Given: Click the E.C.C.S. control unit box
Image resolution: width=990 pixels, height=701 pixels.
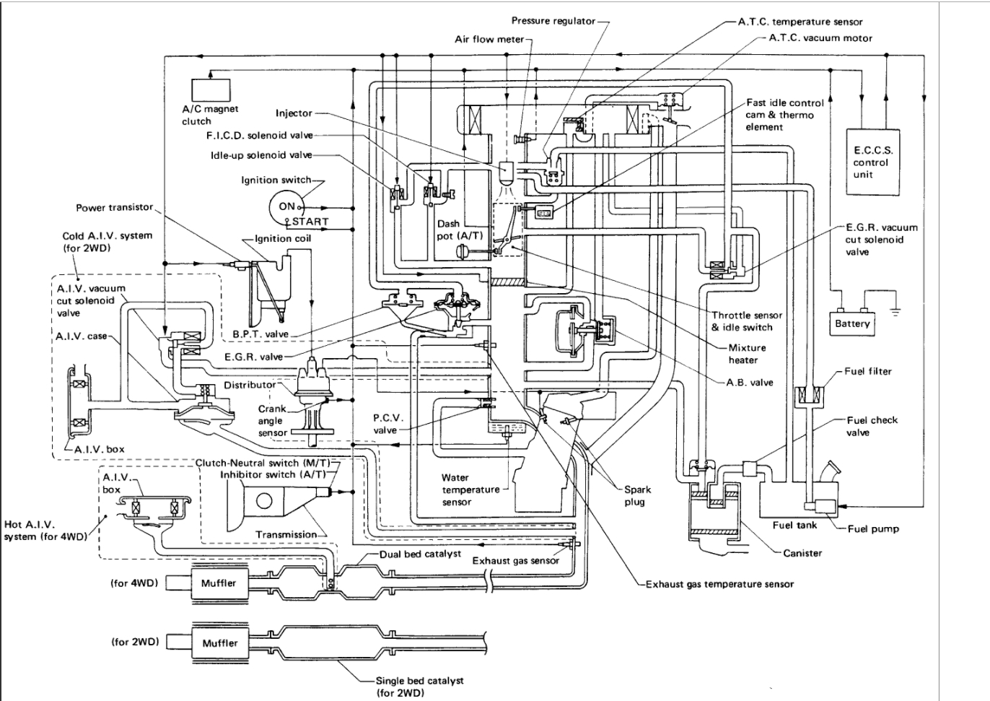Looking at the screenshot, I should tap(872, 162).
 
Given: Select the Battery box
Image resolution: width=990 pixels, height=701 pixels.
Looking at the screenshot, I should tap(852, 323).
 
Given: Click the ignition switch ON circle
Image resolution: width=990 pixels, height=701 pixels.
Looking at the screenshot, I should tap(286, 206).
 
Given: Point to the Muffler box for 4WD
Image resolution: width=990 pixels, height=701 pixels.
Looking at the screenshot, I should tap(219, 583).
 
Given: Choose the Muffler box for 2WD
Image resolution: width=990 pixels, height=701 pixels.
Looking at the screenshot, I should tap(219, 643).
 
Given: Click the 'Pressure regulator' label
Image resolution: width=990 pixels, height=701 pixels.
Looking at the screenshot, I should tap(553, 21).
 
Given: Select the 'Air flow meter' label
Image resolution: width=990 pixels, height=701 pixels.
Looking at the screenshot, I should tap(489, 39).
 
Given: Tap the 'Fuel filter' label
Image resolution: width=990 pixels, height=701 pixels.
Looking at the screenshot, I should tap(868, 371).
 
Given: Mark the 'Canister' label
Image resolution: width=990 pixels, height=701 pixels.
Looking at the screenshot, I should tap(802, 553).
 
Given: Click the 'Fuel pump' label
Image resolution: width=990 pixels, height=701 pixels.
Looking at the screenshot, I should tap(873, 528).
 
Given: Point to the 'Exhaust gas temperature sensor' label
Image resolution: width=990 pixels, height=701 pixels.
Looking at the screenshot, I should tap(719, 584).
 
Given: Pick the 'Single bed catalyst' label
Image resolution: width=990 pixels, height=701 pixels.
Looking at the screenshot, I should tap(419, 680).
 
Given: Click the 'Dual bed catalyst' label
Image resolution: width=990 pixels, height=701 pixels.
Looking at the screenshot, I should tap(420, 554).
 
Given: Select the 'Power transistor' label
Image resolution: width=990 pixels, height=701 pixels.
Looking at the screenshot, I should tap(115, 207).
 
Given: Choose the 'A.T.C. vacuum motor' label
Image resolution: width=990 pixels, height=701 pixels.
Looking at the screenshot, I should tap(820, 38).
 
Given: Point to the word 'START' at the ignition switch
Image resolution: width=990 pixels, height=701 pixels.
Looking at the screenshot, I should tap(310, 222).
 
